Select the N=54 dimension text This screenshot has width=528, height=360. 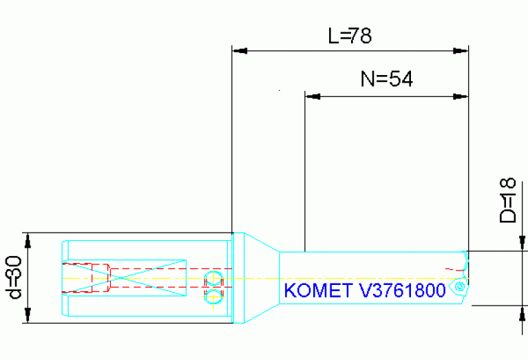pos(386,79)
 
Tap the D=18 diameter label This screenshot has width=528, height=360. pos(507,200)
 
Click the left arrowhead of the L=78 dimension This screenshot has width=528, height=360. pos(238,50)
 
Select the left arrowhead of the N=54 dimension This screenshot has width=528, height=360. pos(312,96)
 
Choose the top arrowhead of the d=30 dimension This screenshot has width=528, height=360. pos(29,239)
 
